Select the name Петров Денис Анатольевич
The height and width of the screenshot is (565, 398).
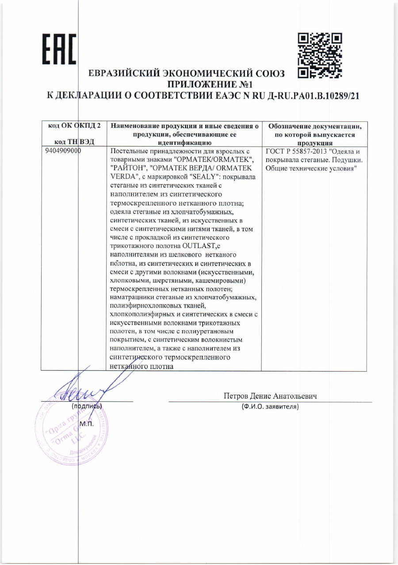271,396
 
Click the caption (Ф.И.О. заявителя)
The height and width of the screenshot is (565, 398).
270,407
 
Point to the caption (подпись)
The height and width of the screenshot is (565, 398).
87,407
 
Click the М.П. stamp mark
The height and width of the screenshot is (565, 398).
86,425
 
